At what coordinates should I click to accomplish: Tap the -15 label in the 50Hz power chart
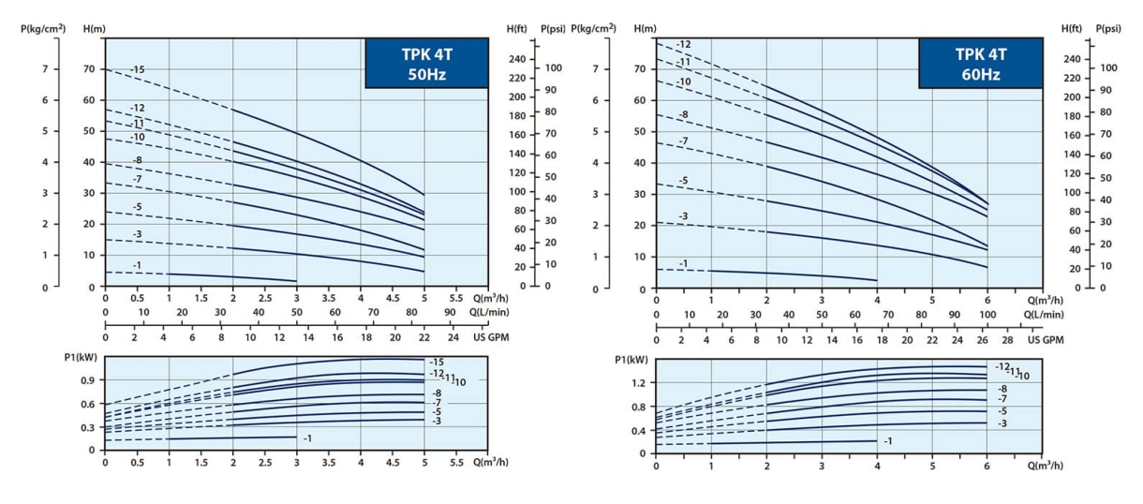click(438, 362)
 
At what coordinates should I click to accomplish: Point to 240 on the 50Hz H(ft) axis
click(517, 59)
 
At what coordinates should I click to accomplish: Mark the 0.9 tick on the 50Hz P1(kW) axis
click(87, 380)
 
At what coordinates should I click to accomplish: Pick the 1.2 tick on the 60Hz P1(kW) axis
click(638, 383)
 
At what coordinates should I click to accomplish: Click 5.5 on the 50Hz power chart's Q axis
click(456, 463)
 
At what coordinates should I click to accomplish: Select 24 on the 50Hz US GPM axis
click(453, 336)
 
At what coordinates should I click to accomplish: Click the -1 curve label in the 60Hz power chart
click(887, 440)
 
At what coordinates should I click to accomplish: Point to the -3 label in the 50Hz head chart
click(137, 234)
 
